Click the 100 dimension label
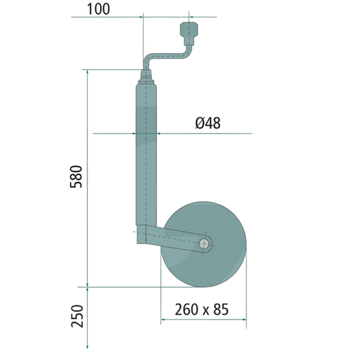[x=99, y=9]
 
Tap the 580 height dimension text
[x=76, y=176]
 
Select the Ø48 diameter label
[x=208, y=123]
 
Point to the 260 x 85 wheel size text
[x=201, y=309]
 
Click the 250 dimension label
[x=77, y=316]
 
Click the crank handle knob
[x=188, y=33]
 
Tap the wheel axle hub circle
[x=204, y=244]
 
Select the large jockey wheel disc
[x=203, y=245]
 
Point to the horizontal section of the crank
[x=168, y=56]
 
